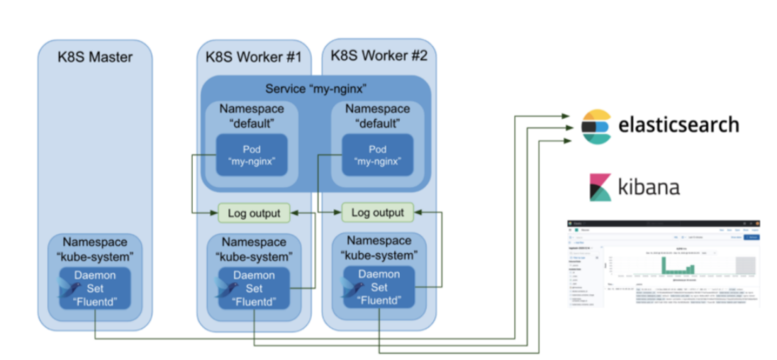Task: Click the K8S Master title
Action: click(x=94, y=57)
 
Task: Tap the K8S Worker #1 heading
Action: click(x=252, y=57)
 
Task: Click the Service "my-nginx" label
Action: click(x=315, y=90)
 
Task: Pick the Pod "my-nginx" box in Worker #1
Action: click(x=251, y=155)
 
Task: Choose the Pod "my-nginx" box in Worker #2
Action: click(x=376, y=155)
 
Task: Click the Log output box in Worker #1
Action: click(x=253, y=212)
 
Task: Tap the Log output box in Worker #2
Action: click(x=377, y=212)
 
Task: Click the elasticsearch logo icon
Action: click(x=596, y=126)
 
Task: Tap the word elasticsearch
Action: click(x=678, y=125)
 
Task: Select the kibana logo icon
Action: click(x=599, y=187)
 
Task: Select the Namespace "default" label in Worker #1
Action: click(x=251, y=116)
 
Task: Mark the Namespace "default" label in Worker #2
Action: click(x=376, y=116)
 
